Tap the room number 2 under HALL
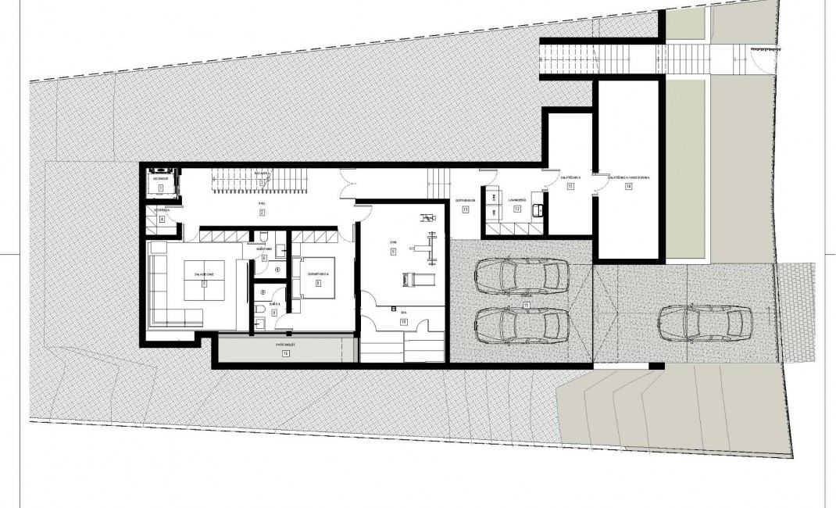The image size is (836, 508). [x=263, y=213]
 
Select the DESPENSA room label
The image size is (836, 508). [x=162, y=210]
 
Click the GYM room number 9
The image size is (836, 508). [x=395, y=252]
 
